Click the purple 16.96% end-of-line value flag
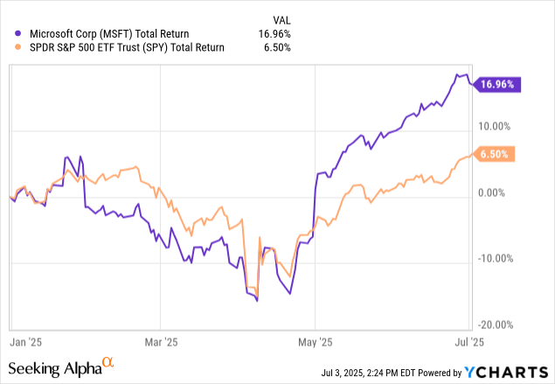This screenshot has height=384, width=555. coord(496,85)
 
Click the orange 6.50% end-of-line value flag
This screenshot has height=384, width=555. coord(496,154)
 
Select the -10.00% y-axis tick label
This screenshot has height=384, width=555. coord(495,258)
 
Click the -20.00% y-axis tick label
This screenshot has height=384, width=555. coord(495,324)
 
